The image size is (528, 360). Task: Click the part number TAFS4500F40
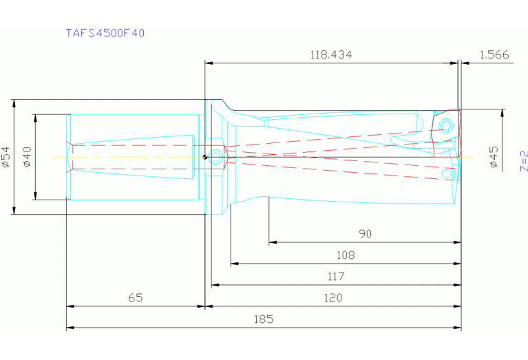[x=105, y=33]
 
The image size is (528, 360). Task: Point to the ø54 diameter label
[x=6, y=157]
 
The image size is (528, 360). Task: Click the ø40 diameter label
[x=28, y=157]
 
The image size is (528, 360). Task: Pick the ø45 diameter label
[x=493, y=157]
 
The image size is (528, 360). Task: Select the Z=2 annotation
[x=522, y=160]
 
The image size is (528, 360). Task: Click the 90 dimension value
[x=365, y=234]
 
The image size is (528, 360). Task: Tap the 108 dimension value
[x=346, y=255]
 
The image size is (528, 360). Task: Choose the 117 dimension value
[x=335, y=277]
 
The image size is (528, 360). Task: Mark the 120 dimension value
[x=332, y=298]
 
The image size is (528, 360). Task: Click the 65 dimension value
[x=136, y=298]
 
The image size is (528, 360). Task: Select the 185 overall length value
[x=263, y=319]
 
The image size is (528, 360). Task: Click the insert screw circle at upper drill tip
[x=445, y=125]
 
